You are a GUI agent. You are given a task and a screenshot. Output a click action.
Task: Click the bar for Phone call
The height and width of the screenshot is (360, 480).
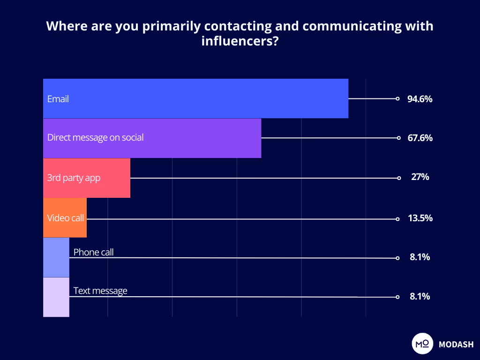pos(56,257)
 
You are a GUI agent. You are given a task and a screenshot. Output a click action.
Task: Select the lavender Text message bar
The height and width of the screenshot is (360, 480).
pos(56,297)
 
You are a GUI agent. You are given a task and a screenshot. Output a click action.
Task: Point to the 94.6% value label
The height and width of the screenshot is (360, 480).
pos(420,99)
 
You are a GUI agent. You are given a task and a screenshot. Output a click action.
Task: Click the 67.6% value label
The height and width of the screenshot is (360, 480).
pos(420,138)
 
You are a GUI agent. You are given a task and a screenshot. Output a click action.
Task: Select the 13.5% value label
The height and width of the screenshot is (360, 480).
pos(420,218)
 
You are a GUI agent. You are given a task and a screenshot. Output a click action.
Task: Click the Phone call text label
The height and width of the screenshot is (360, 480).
pos(93,252)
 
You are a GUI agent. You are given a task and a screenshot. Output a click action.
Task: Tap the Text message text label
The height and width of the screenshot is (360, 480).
pos(100,291)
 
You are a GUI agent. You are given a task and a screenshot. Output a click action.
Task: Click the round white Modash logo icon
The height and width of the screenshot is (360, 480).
pos(421,344)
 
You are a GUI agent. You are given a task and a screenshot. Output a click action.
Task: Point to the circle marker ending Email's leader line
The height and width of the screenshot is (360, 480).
pos(397,99)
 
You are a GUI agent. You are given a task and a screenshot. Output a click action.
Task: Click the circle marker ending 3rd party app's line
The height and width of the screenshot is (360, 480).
pos(399,178)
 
